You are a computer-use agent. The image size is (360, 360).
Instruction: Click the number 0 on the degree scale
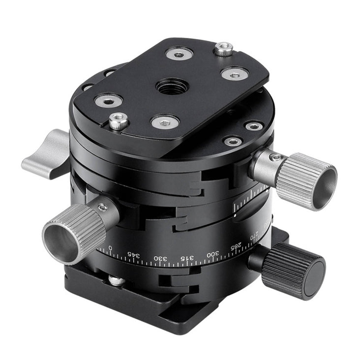click(110, 248)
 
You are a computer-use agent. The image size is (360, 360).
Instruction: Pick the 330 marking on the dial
click(160, 258)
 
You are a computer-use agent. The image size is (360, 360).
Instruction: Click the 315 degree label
click(186, 257)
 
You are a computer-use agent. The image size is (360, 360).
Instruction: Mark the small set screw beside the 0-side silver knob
click(102, 208)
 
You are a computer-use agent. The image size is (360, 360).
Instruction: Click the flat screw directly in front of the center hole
click(164, 121)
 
